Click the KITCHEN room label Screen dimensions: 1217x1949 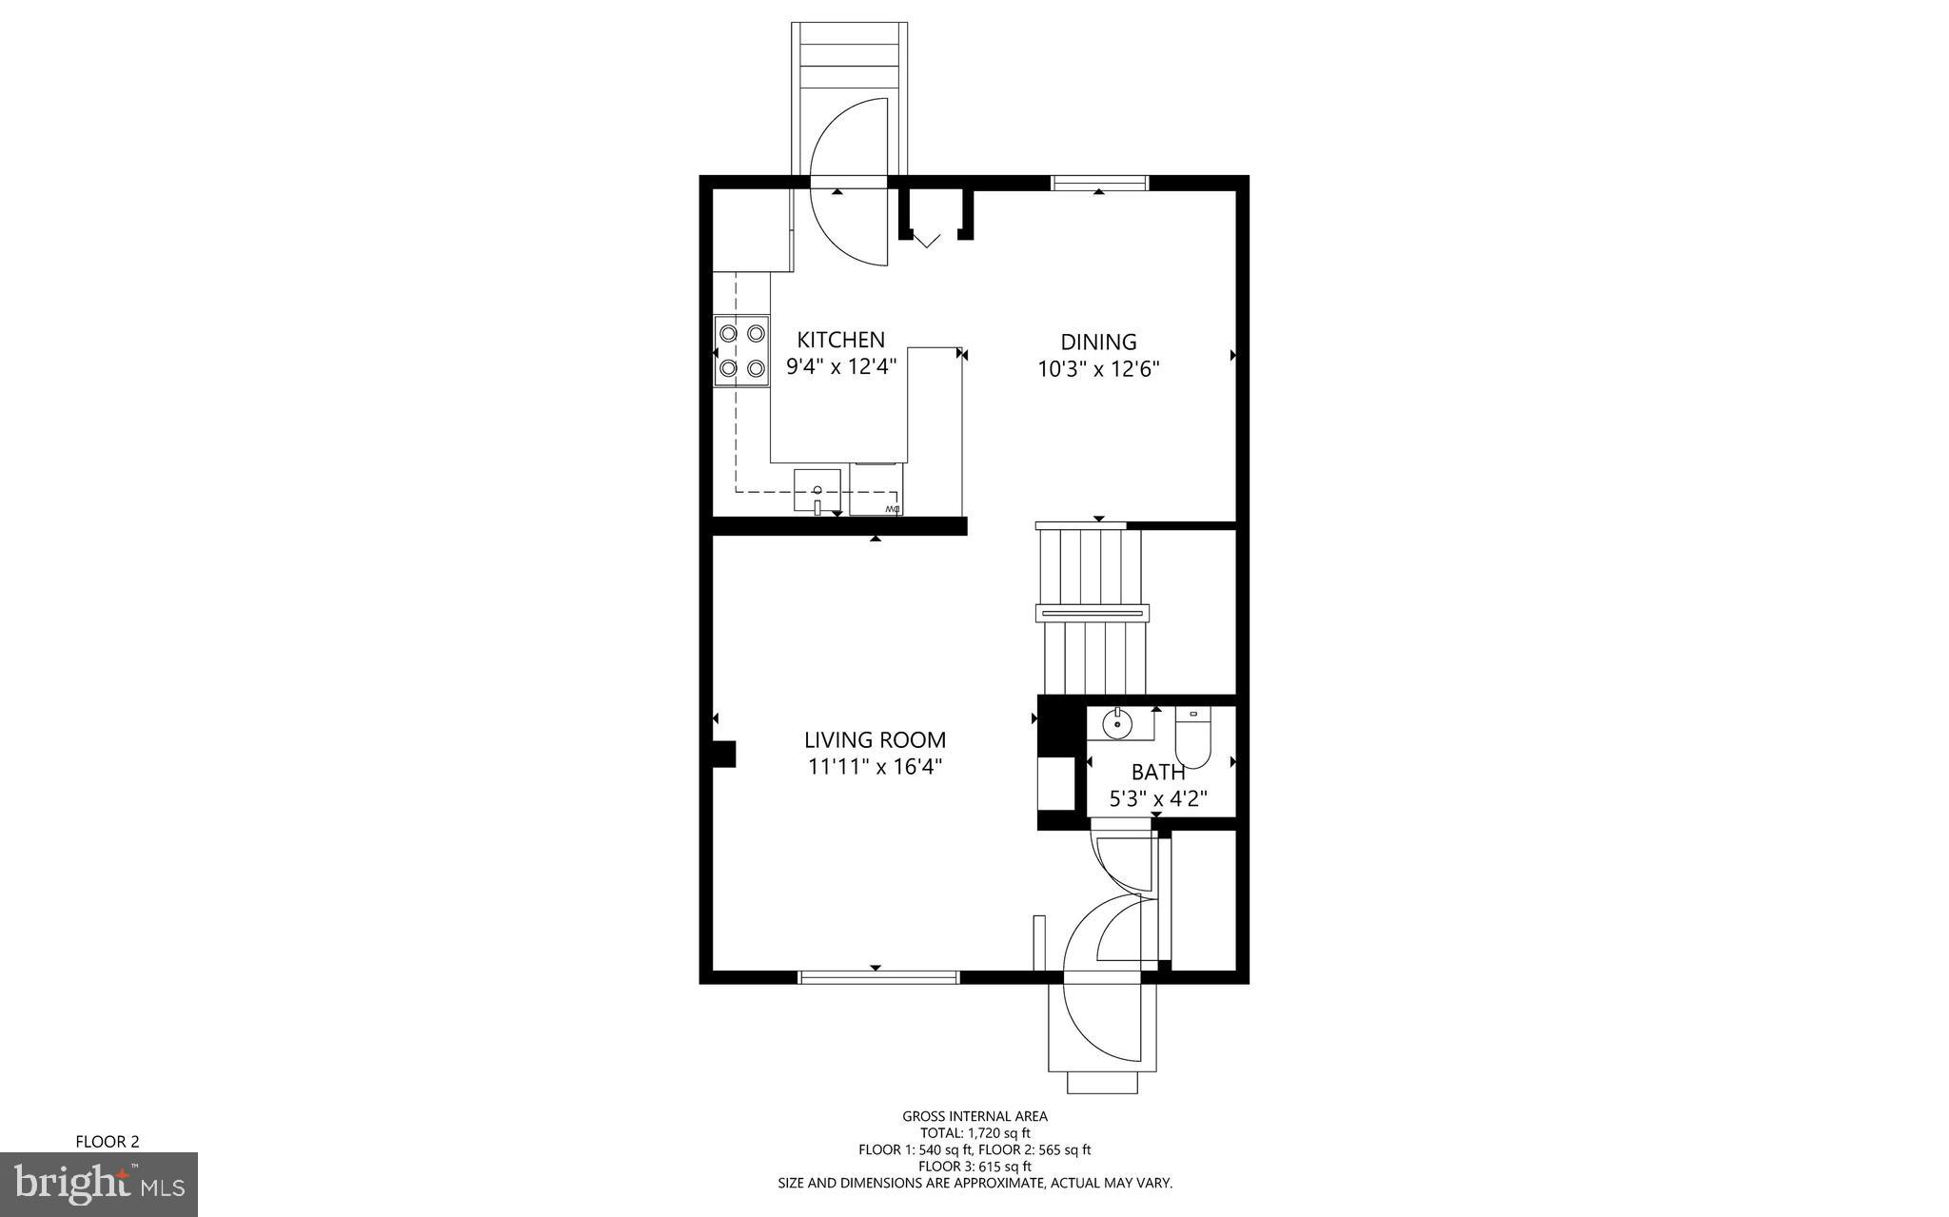click(840, 340)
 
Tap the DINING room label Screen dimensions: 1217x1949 click(1098, 342)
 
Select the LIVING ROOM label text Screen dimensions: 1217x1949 click(875, 740)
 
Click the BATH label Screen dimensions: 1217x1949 click(1158, 773)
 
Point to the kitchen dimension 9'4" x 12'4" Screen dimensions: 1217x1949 click(841, 366)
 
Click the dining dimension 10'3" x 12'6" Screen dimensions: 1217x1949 click(1098, 369)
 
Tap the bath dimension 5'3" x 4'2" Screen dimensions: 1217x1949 click(1158, 799)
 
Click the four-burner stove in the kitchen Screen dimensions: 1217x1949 click(742, 350)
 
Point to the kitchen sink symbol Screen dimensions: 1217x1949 click(817, 490)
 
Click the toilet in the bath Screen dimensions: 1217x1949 click(1192, 737)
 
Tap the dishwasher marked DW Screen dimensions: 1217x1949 click(876, 490)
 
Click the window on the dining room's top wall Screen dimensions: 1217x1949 click(1099, 184)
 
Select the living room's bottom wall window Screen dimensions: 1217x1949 click(877, 976)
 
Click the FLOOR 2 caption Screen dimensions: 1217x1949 click(108, 1141)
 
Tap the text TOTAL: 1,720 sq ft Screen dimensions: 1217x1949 click(974, 1133)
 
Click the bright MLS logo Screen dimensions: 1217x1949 click(99, 1184)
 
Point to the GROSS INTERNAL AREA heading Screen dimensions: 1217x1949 click(974, 1116)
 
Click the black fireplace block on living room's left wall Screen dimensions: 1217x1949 click(724, 754)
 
